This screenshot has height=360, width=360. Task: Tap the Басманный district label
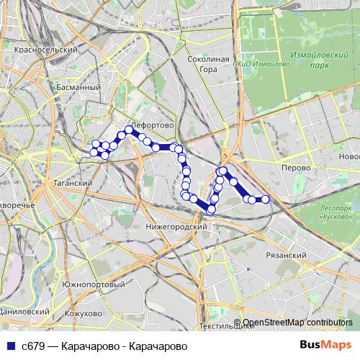(x=78, y=87)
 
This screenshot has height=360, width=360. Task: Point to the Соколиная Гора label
(x=207, y=64)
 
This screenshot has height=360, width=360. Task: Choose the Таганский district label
(x=72, y=183)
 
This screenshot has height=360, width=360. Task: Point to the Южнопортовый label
(x=93, y=285)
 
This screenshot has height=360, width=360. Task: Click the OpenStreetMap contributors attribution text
(x=297, y=323)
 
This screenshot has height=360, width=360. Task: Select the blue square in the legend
(x=11, y=346)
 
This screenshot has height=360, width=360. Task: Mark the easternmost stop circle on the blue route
(x=265, y=199)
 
